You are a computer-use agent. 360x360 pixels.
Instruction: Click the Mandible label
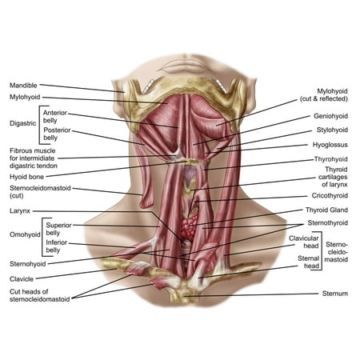pyautogui.click(x=23, y=86)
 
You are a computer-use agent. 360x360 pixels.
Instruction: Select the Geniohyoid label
pyautogui.click(x=330, y=116)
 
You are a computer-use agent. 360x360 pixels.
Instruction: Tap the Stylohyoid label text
pyautogui.click(x=332, y=130)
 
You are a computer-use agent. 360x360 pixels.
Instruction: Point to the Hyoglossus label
pyautogui.click(x=330, y=145)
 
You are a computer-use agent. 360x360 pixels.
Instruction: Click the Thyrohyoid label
pyautogui.click(x=331, y=159)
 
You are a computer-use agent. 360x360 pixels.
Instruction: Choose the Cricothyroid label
pyautogui.click(x=330, y=195)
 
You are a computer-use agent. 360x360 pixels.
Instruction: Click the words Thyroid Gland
pyautogui.click(x=326, y=210)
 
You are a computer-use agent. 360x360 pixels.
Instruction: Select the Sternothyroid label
pyautogui.click(x=328, y=223)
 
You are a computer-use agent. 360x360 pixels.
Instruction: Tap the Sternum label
pyautogui.click(x=335, y=294)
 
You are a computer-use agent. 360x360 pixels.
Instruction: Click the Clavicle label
pyautogui.click(x=22, y=279)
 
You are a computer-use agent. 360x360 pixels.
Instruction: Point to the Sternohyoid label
pyautogui.click(x=28, y=264)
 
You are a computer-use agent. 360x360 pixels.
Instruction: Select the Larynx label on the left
pyautogui.click(x=20, y=211)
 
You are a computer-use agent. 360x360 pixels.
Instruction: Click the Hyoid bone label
pyautogui.click(x=26, y=177)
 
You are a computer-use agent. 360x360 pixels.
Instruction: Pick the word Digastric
pyautogui.click(x=22, y=123)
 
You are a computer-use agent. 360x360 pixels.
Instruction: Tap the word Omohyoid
pyautogui.click(x=25, y=234)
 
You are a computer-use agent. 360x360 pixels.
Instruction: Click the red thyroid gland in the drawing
pyautogui.click(x=190, y=226)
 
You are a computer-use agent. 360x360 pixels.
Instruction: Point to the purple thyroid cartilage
pyautogui.click(x=190, y=174)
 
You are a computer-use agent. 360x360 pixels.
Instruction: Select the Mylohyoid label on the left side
pyautogui.click(x=25, y=97)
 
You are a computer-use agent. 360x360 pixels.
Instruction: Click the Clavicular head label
pyautogui.click(x=304, y=242)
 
